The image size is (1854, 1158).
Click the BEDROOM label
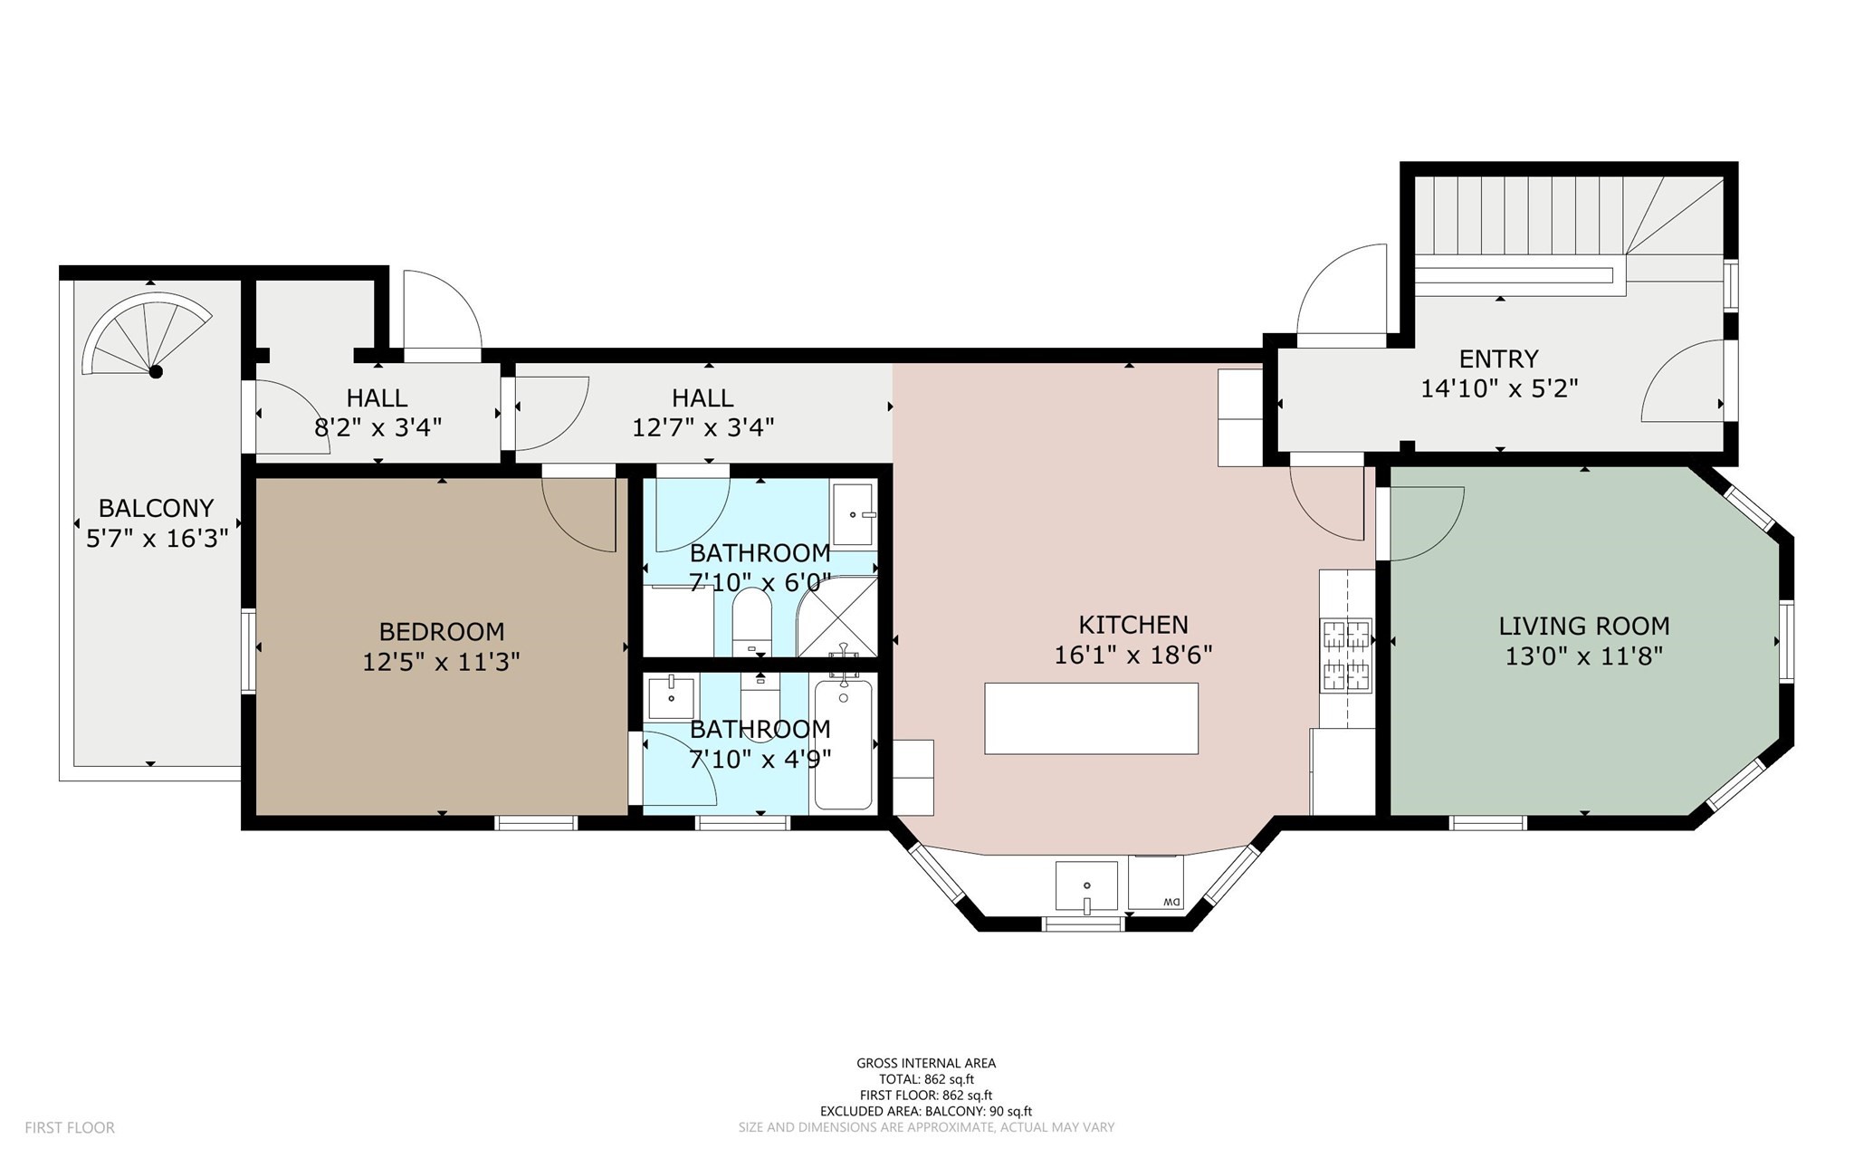point(441,631)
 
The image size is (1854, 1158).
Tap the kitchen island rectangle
point(1091,718)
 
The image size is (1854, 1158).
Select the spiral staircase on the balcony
point(145,336)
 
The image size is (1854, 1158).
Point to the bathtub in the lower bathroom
point(843,745)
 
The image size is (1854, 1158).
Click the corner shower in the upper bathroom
point(838,617)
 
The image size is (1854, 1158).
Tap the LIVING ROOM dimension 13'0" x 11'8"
point(1583,656)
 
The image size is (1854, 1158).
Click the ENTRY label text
point(1498,359)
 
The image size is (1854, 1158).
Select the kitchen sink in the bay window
point(1086,885)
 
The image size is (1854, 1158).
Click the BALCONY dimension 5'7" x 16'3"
point(156,539)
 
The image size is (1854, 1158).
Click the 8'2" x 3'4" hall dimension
point(377,427)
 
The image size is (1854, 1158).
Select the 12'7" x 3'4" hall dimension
point(702,427)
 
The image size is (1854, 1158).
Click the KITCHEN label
point(1132,625)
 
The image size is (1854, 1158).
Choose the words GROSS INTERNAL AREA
point(926,1063)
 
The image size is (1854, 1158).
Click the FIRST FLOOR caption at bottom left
point(70,1127)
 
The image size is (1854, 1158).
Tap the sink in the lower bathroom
point(672,696)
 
